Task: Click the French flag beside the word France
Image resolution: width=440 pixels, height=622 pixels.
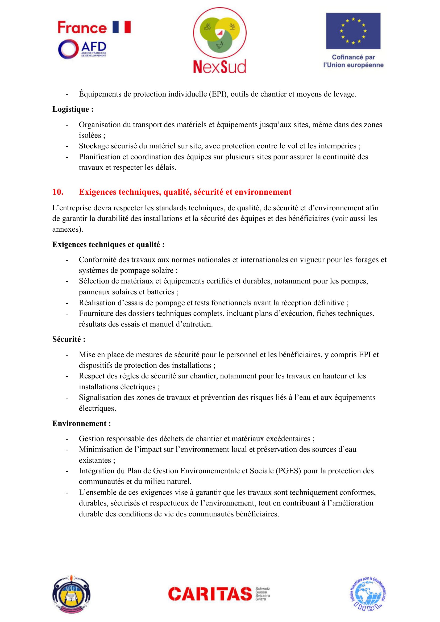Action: (x=122, y=27)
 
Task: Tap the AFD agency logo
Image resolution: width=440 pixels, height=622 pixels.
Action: (x=82, y=49)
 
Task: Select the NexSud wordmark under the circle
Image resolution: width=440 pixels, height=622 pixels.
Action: (x=219, y=66)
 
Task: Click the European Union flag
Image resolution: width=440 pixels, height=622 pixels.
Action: (x=353, y=31)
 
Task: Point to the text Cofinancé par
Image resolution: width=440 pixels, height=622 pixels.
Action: (x=353, y=57)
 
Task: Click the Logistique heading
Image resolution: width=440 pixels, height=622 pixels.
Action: (x=73, y=109)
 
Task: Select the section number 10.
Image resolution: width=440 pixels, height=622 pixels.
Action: (x=58, y=192)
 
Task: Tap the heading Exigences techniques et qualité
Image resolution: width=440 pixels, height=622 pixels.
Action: (x=108, y=244)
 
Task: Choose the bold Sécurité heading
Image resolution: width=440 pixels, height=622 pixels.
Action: (x=69, y=339)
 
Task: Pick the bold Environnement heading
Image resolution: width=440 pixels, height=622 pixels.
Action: (x=82, y=423)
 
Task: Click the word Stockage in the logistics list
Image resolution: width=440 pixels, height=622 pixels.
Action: (x=94, y=146)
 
